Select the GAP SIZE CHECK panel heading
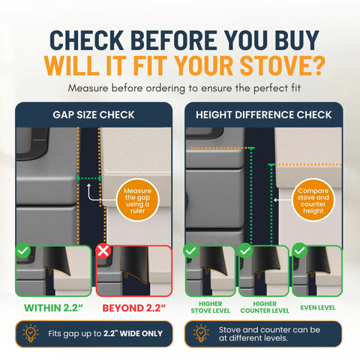tap(94, 114)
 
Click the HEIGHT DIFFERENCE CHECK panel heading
tap(263, 114)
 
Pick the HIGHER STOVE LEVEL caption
tap(210, 306)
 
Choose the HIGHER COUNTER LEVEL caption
tap(263, 306)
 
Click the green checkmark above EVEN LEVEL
tap(300, 250)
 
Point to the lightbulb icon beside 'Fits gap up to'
tap(31, 333)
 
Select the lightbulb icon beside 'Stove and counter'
tap(201, 333)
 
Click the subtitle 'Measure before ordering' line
tap(179, 88)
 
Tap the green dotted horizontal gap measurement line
tap(90, 178)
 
